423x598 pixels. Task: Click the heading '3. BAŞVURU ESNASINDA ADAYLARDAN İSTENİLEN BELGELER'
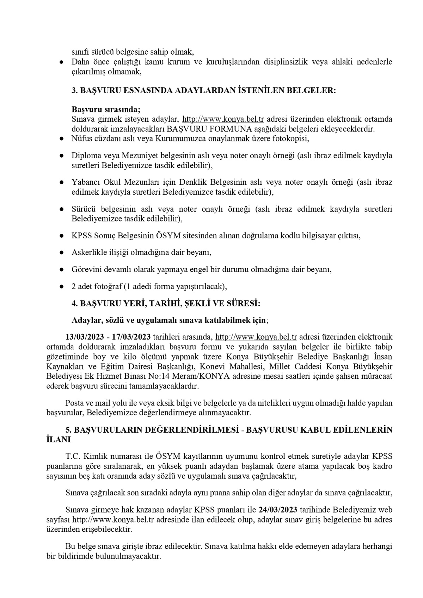click(x=203, y=90)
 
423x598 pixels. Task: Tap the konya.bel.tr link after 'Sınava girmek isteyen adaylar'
click(x=223, y=118)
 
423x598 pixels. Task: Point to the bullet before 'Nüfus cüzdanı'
click(x=61, y=139)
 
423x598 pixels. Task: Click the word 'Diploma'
click(x=84, y=155)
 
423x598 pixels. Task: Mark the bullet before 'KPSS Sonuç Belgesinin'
click(x=61, y=236)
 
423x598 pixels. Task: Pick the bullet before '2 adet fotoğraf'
click(x=61, y=286)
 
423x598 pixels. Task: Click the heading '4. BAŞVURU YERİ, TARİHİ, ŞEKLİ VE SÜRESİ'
click(x=166, y=303)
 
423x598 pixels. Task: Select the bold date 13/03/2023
click(x=83, y=337)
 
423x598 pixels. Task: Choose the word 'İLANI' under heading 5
click(x=59, y=439)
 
